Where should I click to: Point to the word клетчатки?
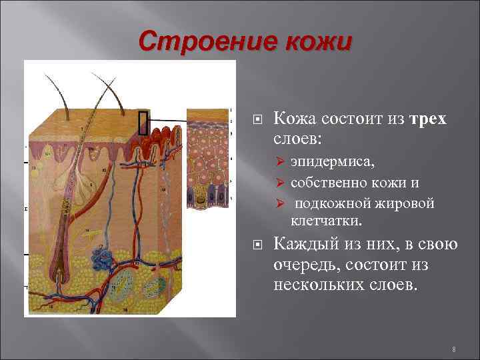pos(323,220)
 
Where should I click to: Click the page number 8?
pos(453,349)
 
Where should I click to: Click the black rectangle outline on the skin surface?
pos(143,122)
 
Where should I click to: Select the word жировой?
pos(408,203)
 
